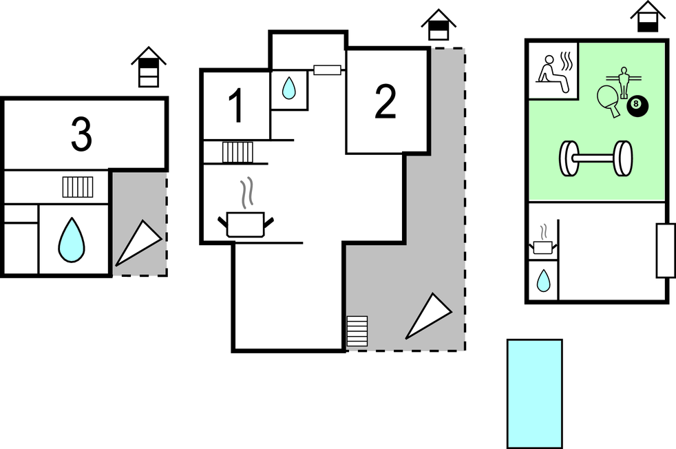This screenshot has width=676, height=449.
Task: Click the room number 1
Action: (x=236, y=106)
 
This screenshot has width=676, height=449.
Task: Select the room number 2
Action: (x=385, y=102)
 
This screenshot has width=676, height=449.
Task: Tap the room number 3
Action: (x=81, y=134)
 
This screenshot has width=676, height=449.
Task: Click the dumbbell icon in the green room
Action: (x=595, y=159)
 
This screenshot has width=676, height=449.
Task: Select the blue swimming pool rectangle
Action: (x=535, y=393)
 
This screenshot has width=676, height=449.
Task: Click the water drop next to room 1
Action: (x=289, y=87)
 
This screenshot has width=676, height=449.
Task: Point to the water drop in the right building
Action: (x=543, y=280)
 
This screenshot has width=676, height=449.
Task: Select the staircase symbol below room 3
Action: (x=78, y=187)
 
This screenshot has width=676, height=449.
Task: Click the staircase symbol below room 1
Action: (x=237, y=152)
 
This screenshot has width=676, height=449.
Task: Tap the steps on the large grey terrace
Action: (x=357, y=331)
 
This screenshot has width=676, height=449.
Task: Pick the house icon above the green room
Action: (x=647, y=17)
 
